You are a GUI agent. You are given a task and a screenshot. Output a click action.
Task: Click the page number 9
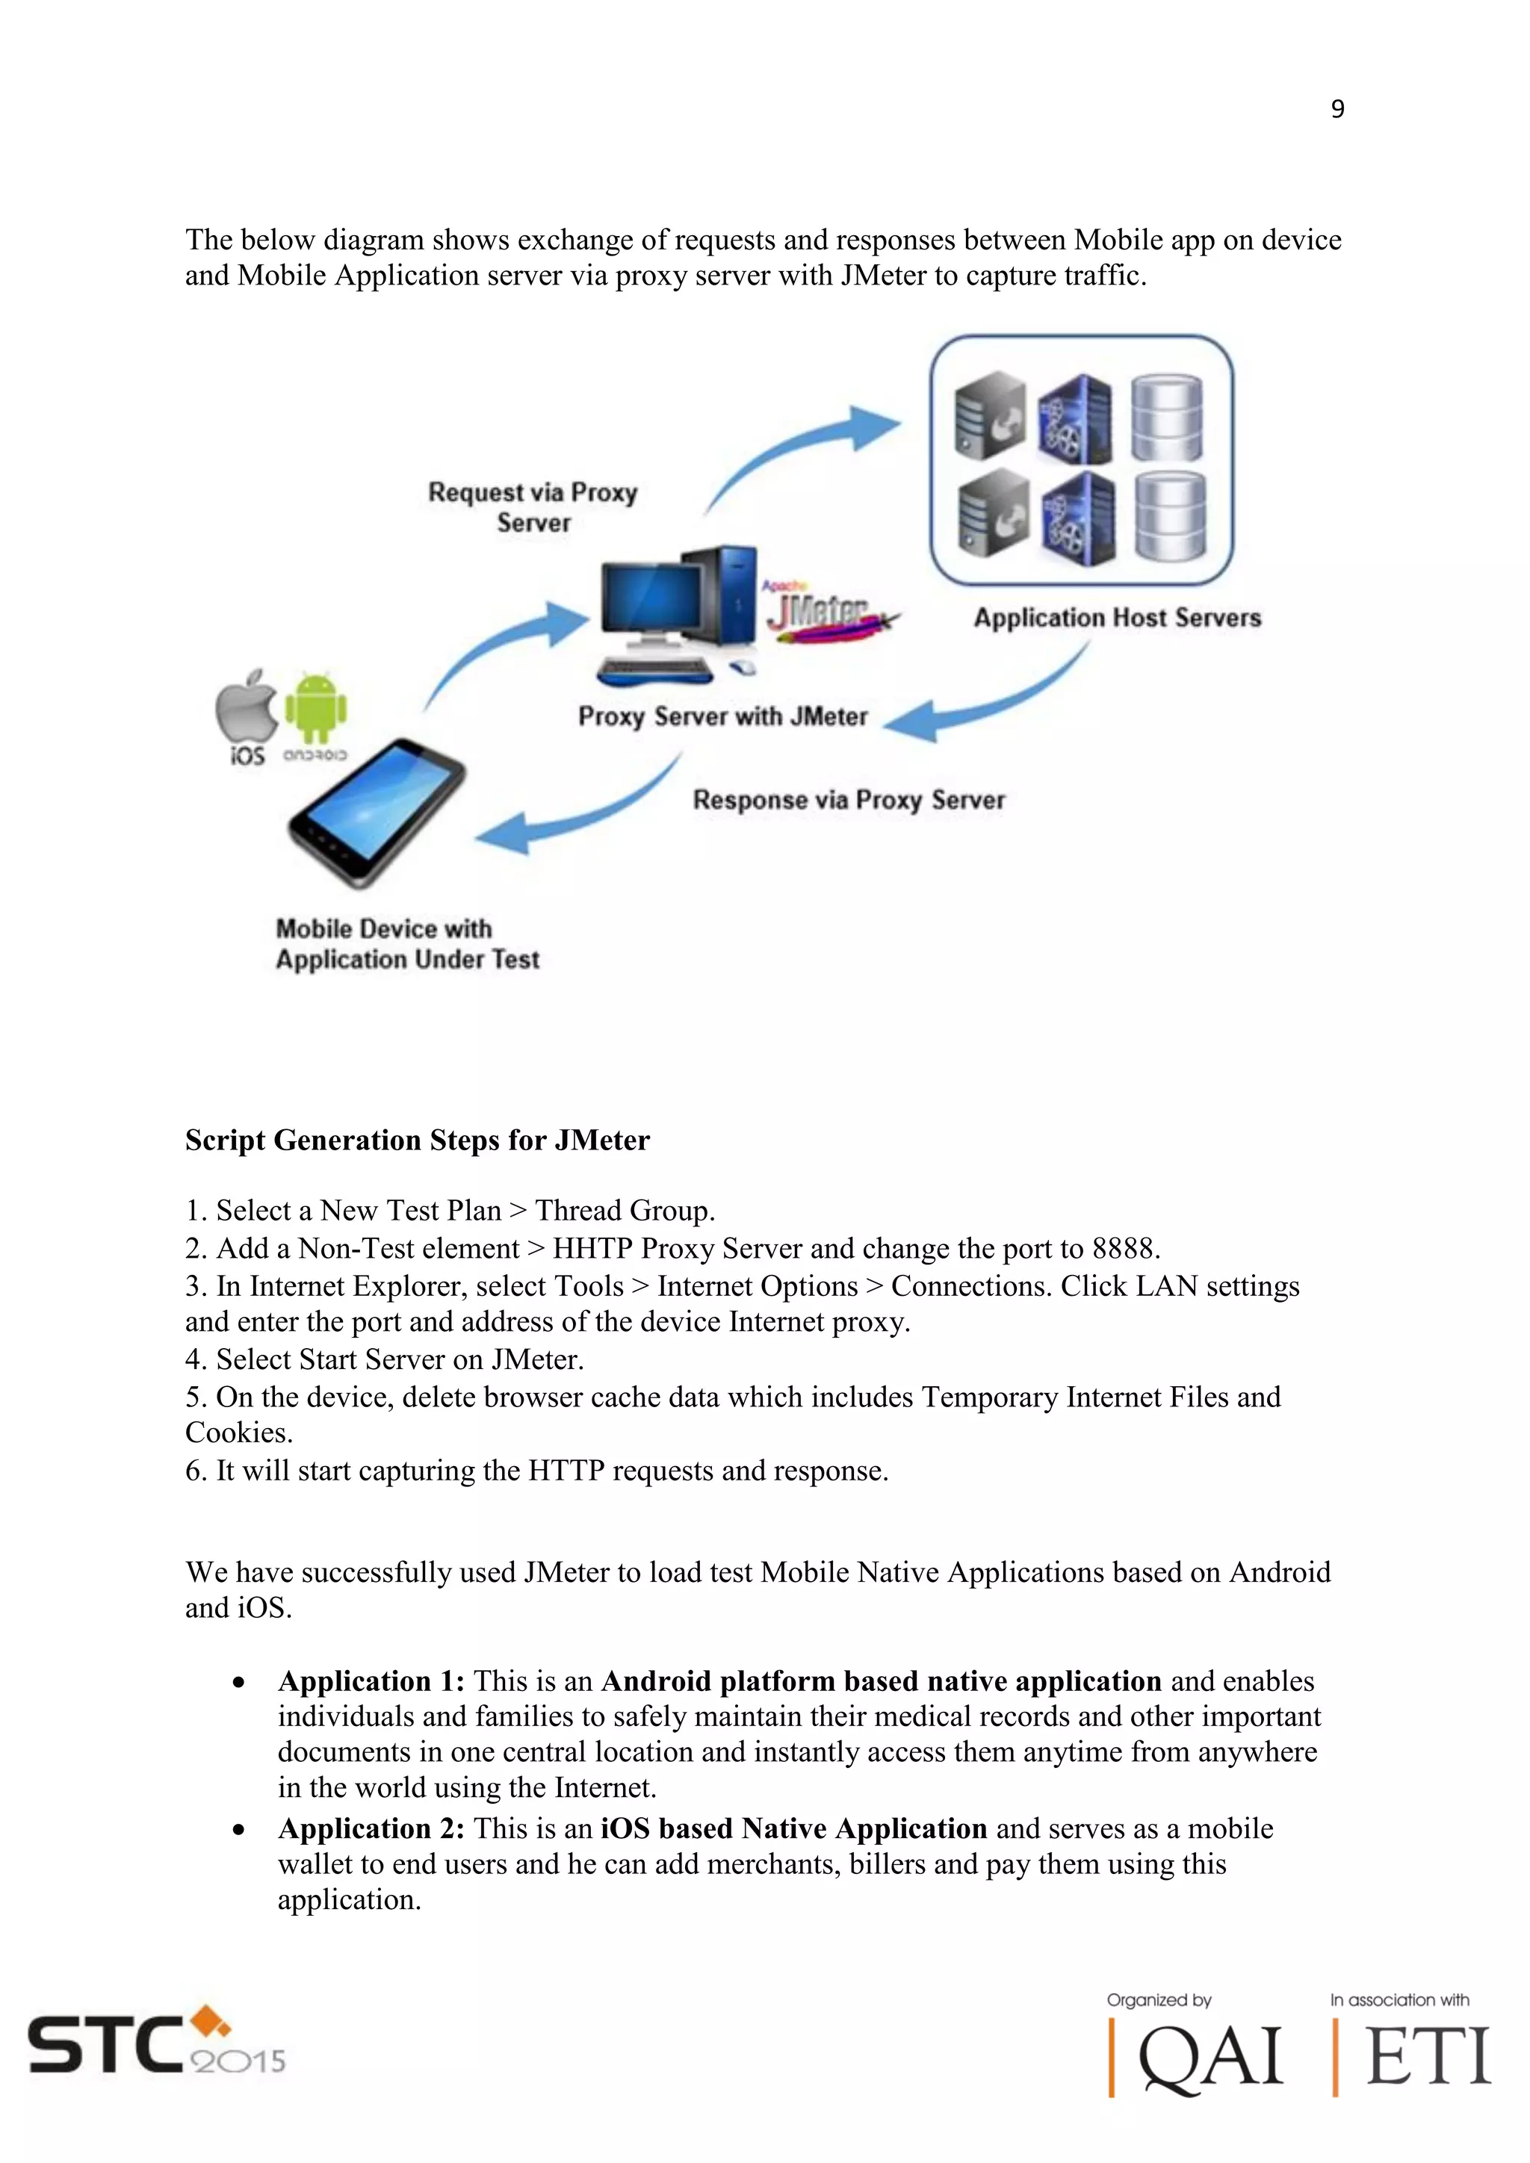point(1337,109)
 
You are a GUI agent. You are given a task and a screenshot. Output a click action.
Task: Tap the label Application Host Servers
point(1118,618)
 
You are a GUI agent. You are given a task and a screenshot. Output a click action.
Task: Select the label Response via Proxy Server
point(849,800)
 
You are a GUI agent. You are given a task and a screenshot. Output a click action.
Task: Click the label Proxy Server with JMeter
point(722,716)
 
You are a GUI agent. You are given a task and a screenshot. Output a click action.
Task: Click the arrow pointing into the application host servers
point(801,452)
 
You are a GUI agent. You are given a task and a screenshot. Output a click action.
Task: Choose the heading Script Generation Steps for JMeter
point(418,1140)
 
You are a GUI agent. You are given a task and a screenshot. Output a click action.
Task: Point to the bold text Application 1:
point(371,1681)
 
